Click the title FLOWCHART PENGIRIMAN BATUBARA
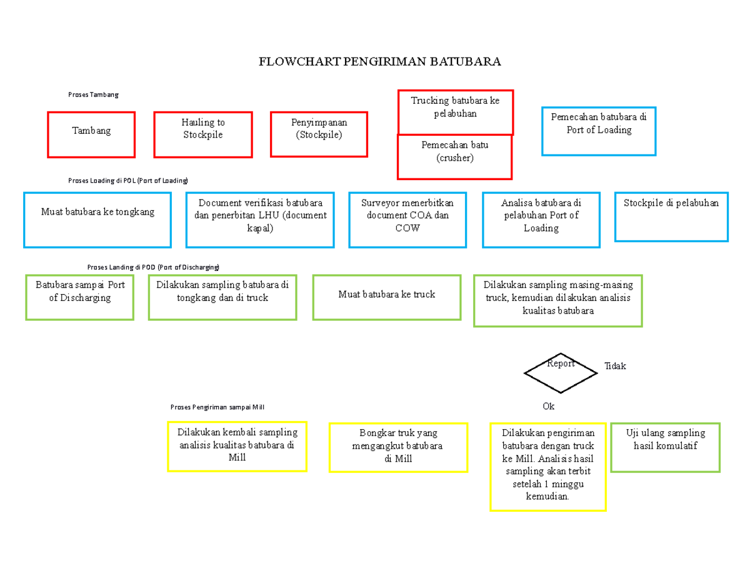pos(380,62)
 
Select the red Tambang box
pos(91,135)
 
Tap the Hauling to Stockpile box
pos(203,135)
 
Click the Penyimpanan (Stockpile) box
pos(319,135)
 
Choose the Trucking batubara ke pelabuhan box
pos(455,112)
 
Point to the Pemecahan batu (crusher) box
pos(454,157)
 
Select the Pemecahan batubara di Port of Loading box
pos(599,131)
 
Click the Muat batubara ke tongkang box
pos(97,220)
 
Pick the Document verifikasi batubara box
pos(260,220)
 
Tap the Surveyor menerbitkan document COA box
pos(407,220)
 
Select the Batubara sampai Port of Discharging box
pos(80,297)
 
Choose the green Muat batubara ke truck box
pos(386,297)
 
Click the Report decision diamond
pos(560,373)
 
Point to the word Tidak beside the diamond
pos(614,366)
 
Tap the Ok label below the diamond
pos(548,406)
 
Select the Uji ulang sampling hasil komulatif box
pos(665,448)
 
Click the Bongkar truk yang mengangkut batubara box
pos(397,447)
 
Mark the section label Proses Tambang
pos(93,94)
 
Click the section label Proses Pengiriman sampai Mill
pos(217,407)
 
